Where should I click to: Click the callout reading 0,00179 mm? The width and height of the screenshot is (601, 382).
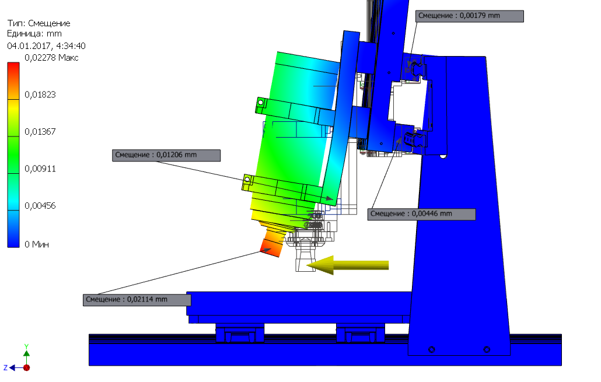(x=470, y=16)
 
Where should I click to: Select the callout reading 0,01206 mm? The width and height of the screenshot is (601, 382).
(x=166, y=155)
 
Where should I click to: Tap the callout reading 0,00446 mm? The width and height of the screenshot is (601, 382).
(x=422, y=214)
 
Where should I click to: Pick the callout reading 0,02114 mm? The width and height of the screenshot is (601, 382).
(x=137, y=300)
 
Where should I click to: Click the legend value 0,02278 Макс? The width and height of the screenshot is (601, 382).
(x=51, y=58)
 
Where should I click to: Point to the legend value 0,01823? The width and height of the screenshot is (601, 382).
(x=40, y=94)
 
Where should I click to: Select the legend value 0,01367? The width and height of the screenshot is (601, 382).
(x=40, y=132)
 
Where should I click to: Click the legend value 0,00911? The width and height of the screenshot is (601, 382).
(x=40, y=169)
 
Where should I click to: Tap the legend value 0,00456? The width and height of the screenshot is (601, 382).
(x=40, y=206)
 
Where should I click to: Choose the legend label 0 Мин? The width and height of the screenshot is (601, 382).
(x=37, y=244)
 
